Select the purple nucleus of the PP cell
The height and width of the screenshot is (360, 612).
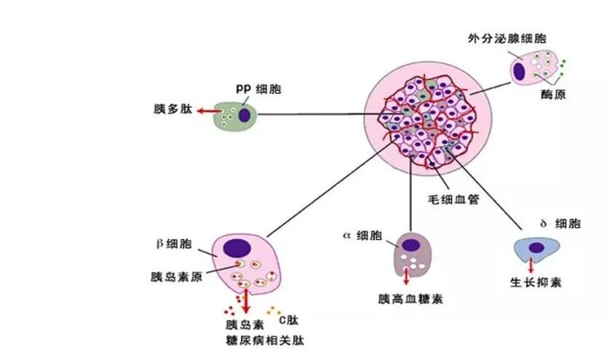pyautogui.click(x=245, y=115)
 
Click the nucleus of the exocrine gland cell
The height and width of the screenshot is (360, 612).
pyautogui.click(x=520, y=70)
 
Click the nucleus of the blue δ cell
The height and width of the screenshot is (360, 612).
pyautogui.click(x=536, y=248)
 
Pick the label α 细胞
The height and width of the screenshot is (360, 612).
pyautogui.click(x=361, y=236)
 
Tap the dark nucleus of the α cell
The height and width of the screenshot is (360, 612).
pyautogui.click(x=412, y=245)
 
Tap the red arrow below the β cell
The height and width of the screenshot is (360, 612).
pyautogui.click(x=246, y=298)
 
